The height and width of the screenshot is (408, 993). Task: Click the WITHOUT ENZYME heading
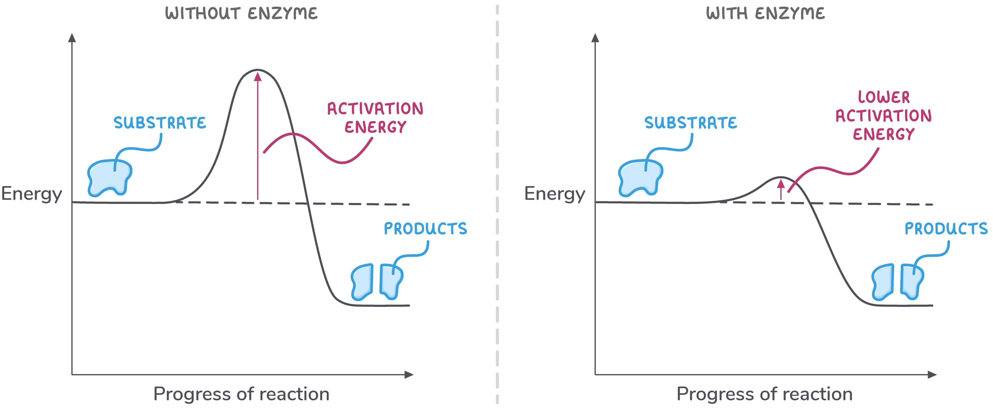click(x=241, y=14)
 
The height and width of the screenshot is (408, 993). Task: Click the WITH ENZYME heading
click(x=765, y=14)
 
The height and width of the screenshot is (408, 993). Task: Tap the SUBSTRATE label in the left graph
click(x=160, y=123)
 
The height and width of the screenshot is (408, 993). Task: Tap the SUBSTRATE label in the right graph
click(x=690, y=123)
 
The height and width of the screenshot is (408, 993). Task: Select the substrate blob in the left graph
click(x=109, y=178)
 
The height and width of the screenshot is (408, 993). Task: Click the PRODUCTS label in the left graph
click(x=425, y=228)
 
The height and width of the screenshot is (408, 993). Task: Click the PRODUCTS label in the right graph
click(x=946, y=228)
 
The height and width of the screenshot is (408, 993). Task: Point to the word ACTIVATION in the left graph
click(x=375, y=109)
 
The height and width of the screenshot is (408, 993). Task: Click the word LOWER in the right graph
click(x=884, y=97)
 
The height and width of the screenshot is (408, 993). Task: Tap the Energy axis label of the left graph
click(x=32, y=194)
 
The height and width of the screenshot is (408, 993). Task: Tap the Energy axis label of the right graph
click(x=555, y=194)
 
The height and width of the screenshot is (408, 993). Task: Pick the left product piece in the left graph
click(x=362, y=282)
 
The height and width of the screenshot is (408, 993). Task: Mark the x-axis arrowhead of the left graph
click(x=409, y=374)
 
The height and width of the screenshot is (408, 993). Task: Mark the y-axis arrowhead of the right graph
click(x=595, y=38)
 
